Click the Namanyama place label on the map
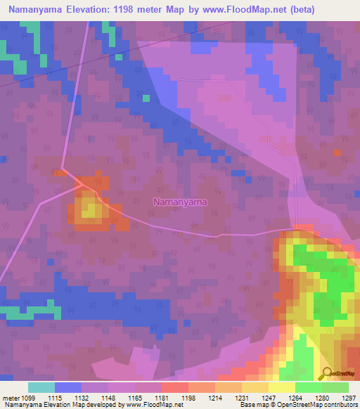tap(181, 202)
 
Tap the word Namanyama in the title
tap(41, 9)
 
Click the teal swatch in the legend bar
tap(41, 387)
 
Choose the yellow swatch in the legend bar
tap(282, 387)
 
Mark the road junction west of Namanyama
tap(79, 184)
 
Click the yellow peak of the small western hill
tap(89, 209)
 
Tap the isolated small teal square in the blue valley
tap(146, 98)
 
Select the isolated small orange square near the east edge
tap(338, 152)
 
